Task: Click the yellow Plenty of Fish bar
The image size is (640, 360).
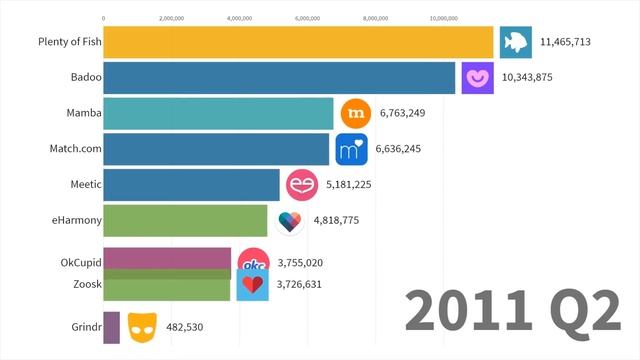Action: tap(298, 42)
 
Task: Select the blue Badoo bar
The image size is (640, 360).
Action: tap(279, 78)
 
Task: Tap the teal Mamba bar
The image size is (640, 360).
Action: tap(218, 113)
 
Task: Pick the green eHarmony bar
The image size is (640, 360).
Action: tap(186, 220)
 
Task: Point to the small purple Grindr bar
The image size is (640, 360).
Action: tap(112, 327)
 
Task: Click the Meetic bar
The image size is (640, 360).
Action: tap(191, 185)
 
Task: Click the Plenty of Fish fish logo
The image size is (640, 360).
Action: tap(516, 42)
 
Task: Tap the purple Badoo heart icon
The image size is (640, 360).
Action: tap(477, 77)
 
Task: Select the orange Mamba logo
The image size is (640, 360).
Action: tap(356, 113)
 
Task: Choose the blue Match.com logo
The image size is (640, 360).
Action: tap(351, 149)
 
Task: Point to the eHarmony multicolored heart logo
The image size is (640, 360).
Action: tap(290, 221)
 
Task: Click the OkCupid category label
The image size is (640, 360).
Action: tap(76, 263)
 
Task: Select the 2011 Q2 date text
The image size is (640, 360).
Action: tap(512, 312)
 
